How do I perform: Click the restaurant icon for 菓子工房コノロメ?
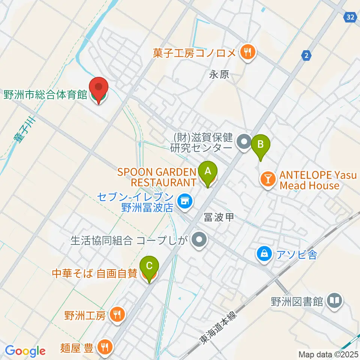coord(247,52)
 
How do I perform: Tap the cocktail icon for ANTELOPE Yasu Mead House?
coord(268,179)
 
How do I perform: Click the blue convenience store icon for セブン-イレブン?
coord(184,202)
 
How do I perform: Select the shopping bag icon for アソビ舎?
coord(265,255)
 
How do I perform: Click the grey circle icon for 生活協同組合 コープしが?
coord(199,240)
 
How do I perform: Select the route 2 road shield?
coord(306,55)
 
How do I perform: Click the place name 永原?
coord(219,75)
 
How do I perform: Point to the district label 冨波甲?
coord(219,216)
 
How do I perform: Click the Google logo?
coord(25,351)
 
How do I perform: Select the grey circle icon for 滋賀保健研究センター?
coord(244,142)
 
